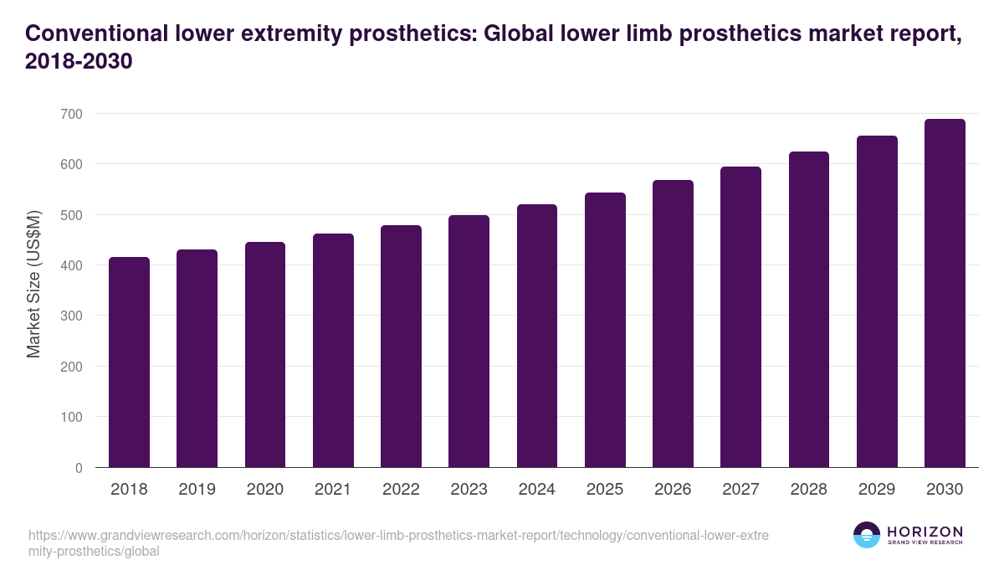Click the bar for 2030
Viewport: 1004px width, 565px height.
click(945, 293)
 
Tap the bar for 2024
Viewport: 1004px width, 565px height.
click(537, 336)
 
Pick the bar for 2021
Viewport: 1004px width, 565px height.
click(333, 351)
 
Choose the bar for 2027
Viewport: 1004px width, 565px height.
click(740, 317)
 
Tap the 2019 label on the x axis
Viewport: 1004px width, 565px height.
click(197, 490)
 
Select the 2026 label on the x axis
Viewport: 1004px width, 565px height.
click(673, 490)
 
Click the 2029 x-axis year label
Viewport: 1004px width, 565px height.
click(877, 490)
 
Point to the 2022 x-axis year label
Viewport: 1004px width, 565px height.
click(401, 490)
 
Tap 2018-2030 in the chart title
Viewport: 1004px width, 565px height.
click(79, 62)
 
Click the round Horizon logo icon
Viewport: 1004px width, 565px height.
click(867, 535)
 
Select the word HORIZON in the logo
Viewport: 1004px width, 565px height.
click(925, 531)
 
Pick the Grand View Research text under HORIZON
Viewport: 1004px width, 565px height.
click(925, 543)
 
